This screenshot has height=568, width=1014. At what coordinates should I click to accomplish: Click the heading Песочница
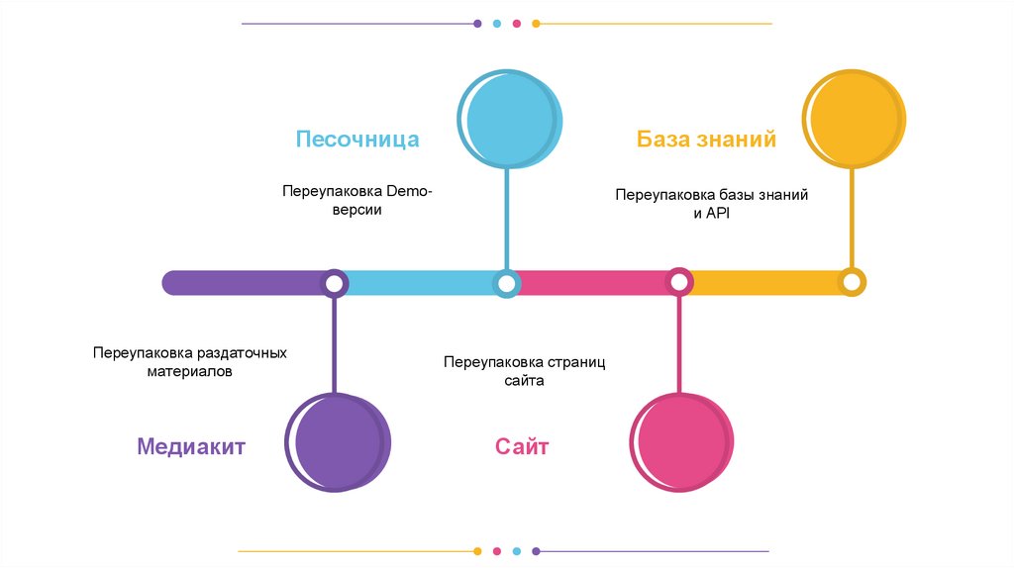pyautogui.click(x=356, y=139)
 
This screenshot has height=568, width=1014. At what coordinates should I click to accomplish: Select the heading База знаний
pyautogui.click(x=706, y=139)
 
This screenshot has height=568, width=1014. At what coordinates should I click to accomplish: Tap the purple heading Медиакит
pyautogui.click(x=191, y=446)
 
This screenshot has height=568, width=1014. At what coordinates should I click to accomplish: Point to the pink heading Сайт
pyautogui.click(x=522, y=446)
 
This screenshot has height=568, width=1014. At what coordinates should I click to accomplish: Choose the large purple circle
pyautogui.click(x=336, y=442)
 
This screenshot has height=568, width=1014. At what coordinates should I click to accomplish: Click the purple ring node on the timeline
pyautogui.click(x=335, y=284)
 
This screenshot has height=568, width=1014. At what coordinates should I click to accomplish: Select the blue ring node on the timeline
pyautogui.click(x=507, y=284)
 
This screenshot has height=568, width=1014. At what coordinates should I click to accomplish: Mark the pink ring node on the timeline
pyautogui.click(x=678, y=283)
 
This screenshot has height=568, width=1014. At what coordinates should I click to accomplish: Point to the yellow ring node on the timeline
pyautogui.click(x=851, y=282)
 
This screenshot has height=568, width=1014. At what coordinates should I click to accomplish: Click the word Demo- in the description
pyautogui.click(x=409, y=191)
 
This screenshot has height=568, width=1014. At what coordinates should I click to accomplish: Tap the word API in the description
pyautogui.click(x=717, y=214)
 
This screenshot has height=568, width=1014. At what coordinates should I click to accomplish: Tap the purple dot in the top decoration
pyautogui.click(x=477, y=23)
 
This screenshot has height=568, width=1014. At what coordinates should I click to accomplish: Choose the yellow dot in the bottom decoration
pyautogui.click(x=477, y=551)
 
